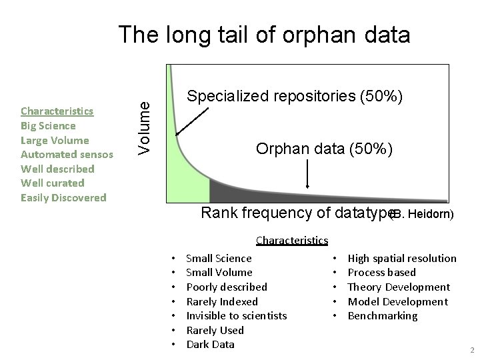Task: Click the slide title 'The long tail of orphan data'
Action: (264, 35)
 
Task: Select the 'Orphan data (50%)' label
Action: (329, 149)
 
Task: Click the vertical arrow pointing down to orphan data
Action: (307, 176)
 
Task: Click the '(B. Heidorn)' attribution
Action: (422, 215)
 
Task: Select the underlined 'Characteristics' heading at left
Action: (57, 111)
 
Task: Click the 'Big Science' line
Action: (48, 125)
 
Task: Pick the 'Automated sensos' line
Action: (67, 155)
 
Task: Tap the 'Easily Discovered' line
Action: (63, 197)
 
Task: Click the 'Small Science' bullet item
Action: (219, 258)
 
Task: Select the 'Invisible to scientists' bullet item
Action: (236, 315)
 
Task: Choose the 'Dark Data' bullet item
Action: (210, 344)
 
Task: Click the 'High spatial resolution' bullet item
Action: (402, 258)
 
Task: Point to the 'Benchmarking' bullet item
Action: (383, 315)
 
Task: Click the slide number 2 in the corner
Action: (471, 350)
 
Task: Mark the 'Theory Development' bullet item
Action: (399, 287)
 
